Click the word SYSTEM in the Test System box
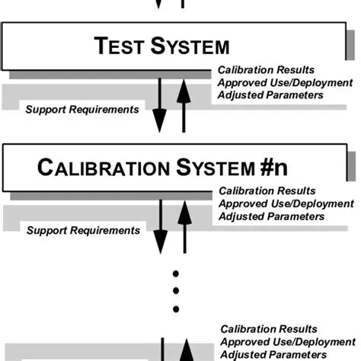[x=190, y=46]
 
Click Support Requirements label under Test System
[x=82, y=109]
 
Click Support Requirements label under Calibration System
[x=83, y=230]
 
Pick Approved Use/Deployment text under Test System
[x=285, y=83]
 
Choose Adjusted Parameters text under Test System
[x=270, y=95]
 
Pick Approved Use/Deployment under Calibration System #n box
[x=286, y=204]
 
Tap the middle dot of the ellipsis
[x=175, y=291]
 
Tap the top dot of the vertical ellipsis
[x=175, y=273]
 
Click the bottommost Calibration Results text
[x=268, y=330]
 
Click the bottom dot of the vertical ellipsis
[x=175, y=309]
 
